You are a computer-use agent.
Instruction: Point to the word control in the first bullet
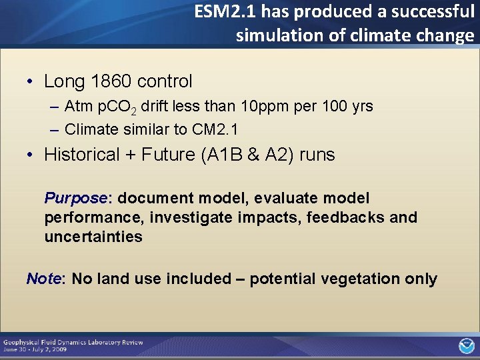(165, 82)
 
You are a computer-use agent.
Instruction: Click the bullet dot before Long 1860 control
(31, 83)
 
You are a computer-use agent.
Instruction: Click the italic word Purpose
(75, 199)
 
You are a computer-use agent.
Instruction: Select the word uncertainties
(93, 237)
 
